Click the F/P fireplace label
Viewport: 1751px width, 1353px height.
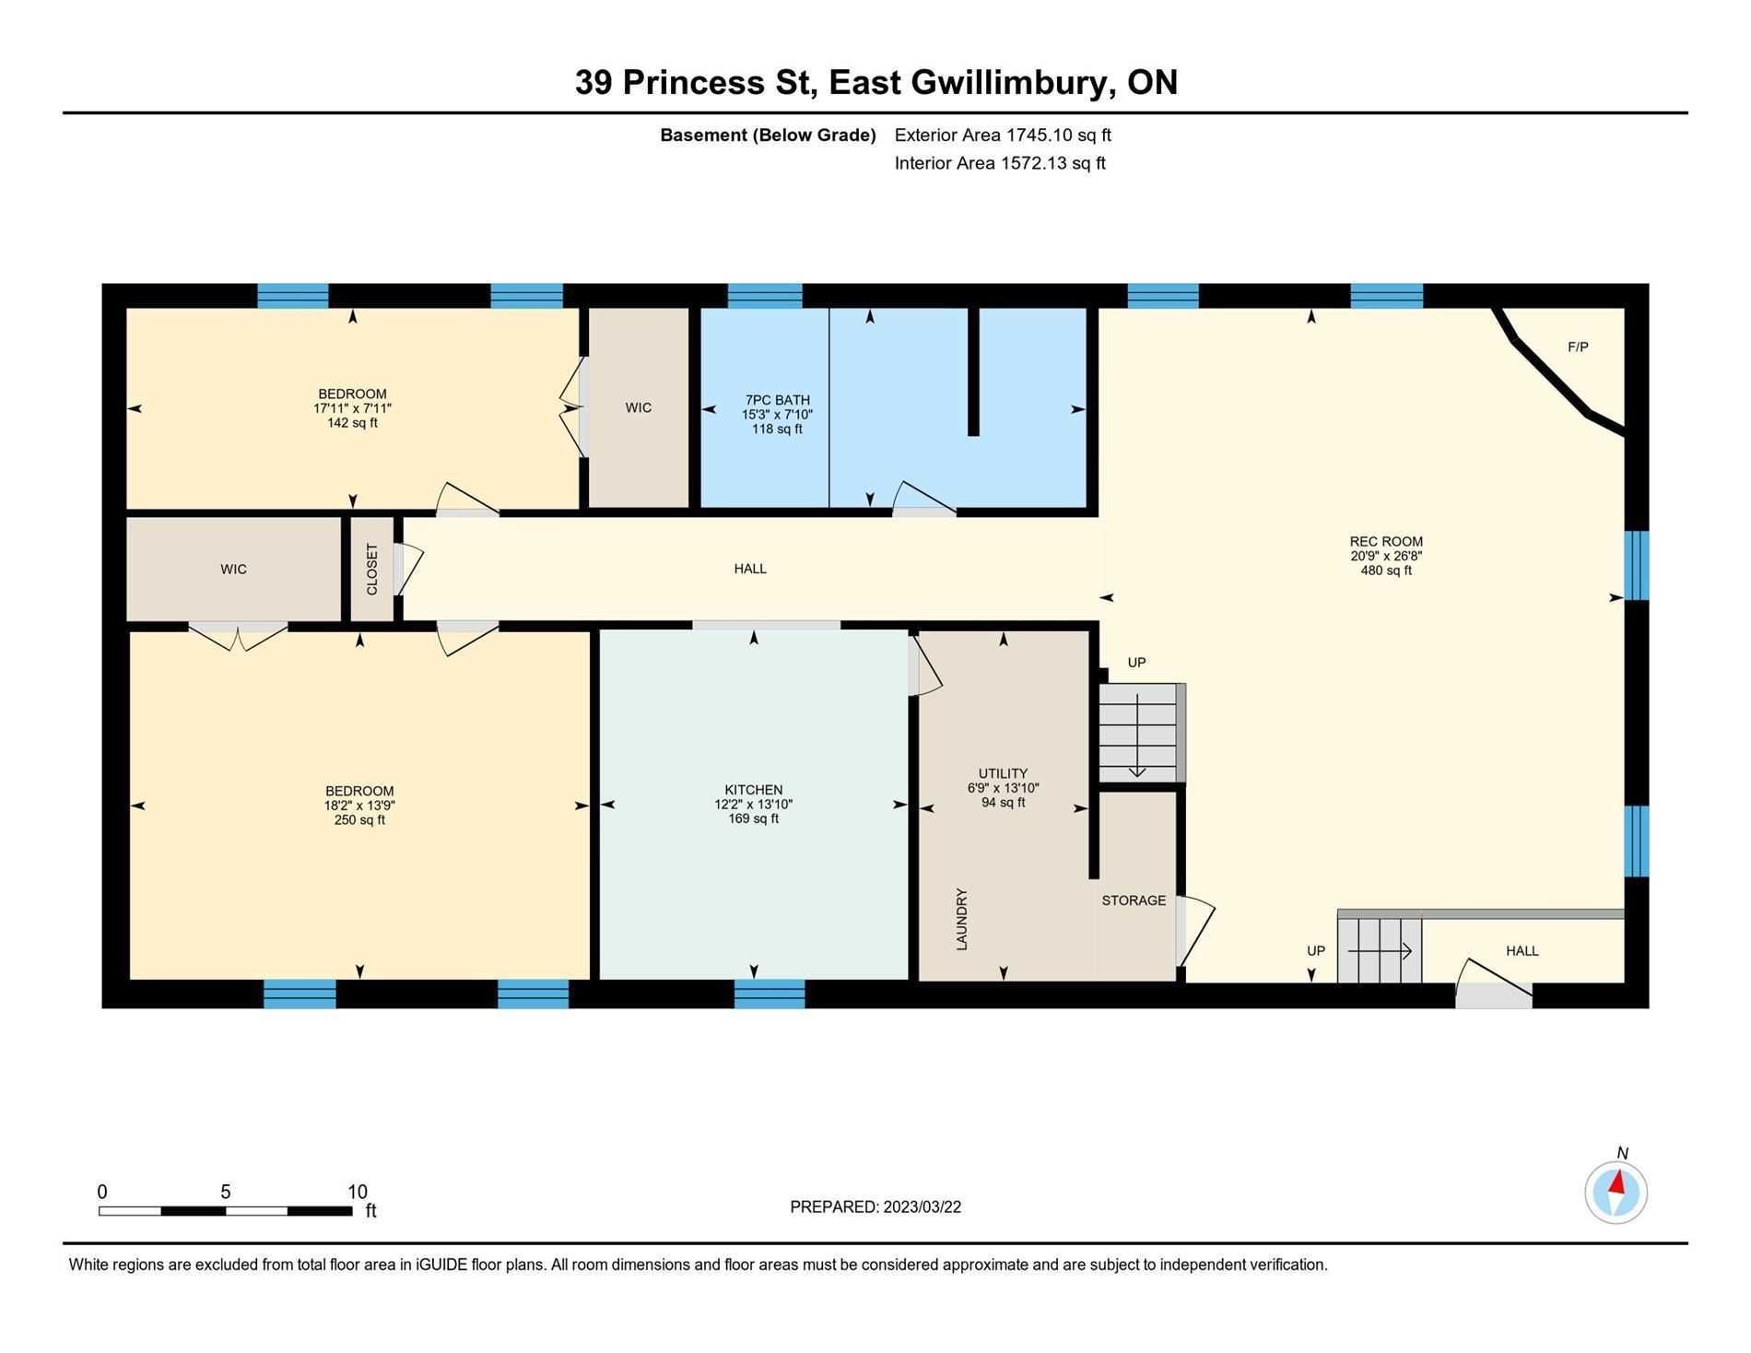coord(1578,347)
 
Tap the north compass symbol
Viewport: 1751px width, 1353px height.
coord(1616,1193)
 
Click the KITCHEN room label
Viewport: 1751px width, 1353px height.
coord(754,790)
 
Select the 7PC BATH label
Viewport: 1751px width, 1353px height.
coord(778,400)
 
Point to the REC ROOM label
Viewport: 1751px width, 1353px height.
coord(1386,542)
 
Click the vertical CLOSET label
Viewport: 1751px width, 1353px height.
coord(372,569)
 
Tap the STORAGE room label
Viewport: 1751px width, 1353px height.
coord(1134,900)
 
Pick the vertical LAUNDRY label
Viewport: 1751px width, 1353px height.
coord(961,919)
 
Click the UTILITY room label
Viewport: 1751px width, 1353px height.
coord(1003,773)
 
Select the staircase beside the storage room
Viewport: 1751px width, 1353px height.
coord(1141,733)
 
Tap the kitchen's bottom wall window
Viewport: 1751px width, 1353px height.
coord(770,994)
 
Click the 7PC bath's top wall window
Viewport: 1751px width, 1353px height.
coord(765,296)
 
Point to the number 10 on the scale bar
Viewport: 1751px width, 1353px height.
coord(358,1192)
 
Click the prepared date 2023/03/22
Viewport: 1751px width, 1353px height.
coord(922,1207)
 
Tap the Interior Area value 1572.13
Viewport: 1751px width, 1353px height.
coord(1037,163)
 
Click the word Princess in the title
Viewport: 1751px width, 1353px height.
coord(694,82)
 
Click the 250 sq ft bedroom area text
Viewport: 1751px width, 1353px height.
coord(359,820)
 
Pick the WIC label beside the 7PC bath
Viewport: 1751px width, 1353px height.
coord(639,407)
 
